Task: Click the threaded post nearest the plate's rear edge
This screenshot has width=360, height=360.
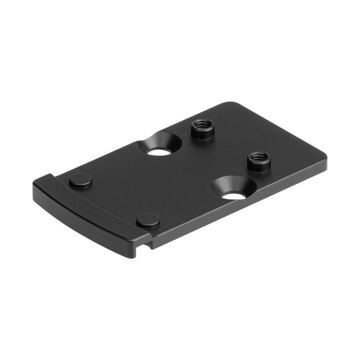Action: [x=202, y=129]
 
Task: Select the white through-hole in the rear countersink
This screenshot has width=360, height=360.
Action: [x=158, y=152]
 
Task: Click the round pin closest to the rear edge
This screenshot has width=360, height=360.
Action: [x=81, y=180]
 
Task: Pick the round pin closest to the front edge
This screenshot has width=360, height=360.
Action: [x=148, y=220]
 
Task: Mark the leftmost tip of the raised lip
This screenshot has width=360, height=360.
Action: [x=33, y=186]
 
